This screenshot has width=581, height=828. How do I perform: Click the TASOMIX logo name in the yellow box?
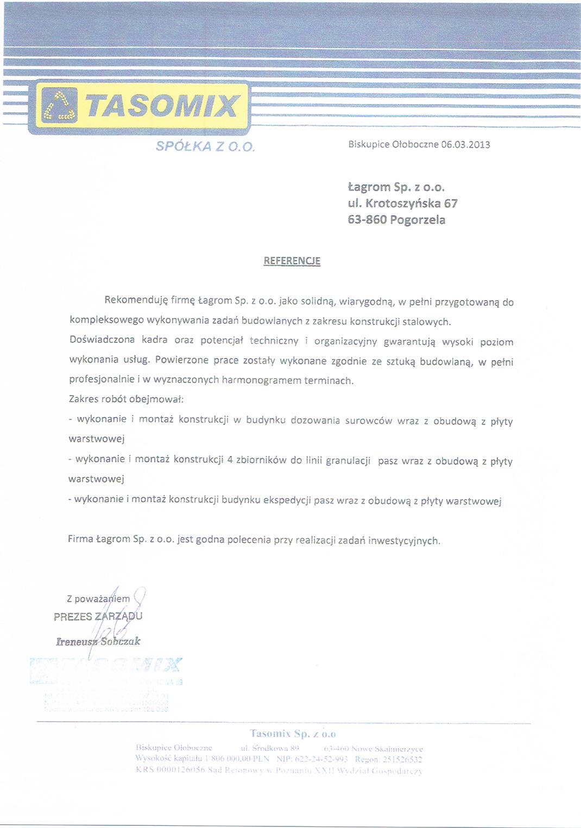coord(162,106)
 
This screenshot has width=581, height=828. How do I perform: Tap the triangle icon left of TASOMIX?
coord(60,105)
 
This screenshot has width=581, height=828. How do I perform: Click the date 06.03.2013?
coord(465,145)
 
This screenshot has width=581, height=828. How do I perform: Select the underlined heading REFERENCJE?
coord(292,261)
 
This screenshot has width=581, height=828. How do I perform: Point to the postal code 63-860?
coord(367,220)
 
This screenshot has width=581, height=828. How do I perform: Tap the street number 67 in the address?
coord(451,203)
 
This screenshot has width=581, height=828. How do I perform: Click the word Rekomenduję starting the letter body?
coord(136,300)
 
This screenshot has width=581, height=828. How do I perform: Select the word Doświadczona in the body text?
coord(102,340)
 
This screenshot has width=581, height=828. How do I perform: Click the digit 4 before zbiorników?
coord(230,460)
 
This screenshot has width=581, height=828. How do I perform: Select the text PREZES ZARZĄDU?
coord(98,616)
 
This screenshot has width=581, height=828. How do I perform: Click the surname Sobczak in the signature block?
coord(120,641)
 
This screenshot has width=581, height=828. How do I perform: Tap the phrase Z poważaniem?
coord(98,599)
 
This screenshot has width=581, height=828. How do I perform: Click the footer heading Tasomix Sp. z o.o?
coord(293,734)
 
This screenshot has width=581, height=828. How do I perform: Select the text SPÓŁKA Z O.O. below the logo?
coord(205,147)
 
